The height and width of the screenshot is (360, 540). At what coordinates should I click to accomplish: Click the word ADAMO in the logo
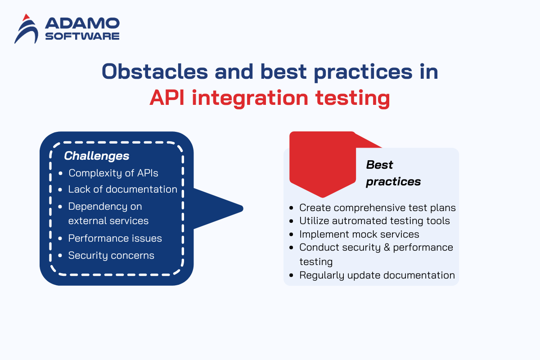click(82, 23)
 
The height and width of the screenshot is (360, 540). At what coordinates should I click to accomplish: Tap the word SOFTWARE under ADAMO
click(82, 36)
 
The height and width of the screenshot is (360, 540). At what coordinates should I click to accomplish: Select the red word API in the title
click(167, 98)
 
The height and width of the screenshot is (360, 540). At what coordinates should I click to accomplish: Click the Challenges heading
click(96, 156)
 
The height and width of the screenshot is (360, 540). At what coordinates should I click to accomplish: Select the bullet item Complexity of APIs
click(113, 173)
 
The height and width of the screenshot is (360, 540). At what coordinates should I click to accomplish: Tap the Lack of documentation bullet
click(122, 189)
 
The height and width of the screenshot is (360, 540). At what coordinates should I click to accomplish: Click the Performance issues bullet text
click(115, 238)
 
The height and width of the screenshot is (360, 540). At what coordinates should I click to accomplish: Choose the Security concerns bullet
click(111, 255)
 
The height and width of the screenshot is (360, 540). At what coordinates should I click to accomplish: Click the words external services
click(108, 221)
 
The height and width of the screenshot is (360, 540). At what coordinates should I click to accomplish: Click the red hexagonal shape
click(322, 164)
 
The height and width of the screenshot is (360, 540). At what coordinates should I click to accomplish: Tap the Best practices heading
click(393, 173)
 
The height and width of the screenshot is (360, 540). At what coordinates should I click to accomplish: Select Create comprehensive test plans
click(377, 207)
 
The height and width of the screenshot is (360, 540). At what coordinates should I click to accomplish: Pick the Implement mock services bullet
click(359, 234)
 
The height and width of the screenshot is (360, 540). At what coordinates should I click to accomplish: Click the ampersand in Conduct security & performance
click(386, 247)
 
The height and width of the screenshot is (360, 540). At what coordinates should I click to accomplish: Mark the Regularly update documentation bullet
click(377, 275)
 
